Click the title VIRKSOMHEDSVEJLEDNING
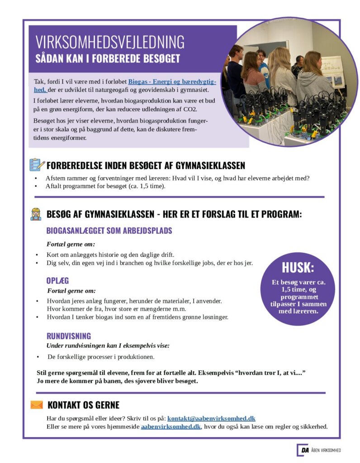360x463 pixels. pyautogui.click(x=110, y=42)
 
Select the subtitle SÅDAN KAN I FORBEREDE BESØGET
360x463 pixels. pyautogui.click(x=108, y=59)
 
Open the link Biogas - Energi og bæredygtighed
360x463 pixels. pyautogui.click(x=172, y=82)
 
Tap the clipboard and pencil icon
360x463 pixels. pyautogui.click(x=37, y=165)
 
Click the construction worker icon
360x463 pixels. pyautogui.click(x=36, y=214)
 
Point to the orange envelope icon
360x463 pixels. pyautogui.click(x=37, y=405)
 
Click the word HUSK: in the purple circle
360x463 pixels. pyautogui.click(x=298, y=267)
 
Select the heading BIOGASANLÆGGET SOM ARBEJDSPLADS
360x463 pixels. pyautogui.click(x=109, y=231)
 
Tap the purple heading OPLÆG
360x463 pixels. pyautogui.click(x=57, y=280)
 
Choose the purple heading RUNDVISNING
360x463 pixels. pyautogui.click(x=69, y=336)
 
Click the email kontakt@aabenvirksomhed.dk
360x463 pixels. pyautogui.click(x=211, y=418)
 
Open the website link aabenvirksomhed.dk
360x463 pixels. pyautogui.click(x=171, y=426)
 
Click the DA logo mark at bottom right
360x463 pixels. pyautogui.click(x=303, y=450)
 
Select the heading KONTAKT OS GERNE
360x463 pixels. pyautogui.click(x=83, y=405)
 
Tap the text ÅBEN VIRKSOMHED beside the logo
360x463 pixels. pyautogui.click(x=326, y=450)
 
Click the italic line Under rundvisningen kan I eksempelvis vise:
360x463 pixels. pyautogui.click(x=108, y=346)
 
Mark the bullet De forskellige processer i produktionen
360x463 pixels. pyautogui.click(x=101, y=357)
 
